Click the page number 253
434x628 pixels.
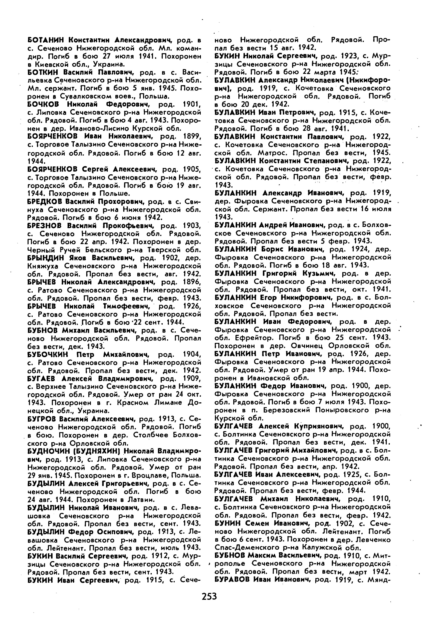[x=209, y=597]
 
